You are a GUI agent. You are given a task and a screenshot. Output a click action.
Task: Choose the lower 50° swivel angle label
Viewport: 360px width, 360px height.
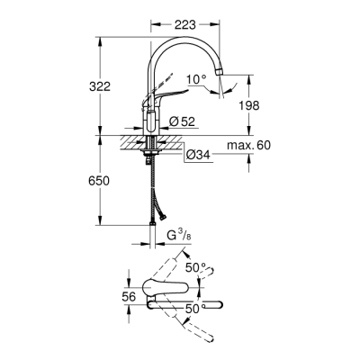tap(192, 309)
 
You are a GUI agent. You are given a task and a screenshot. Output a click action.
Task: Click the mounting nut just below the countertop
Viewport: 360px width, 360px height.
tap(148, 154)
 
